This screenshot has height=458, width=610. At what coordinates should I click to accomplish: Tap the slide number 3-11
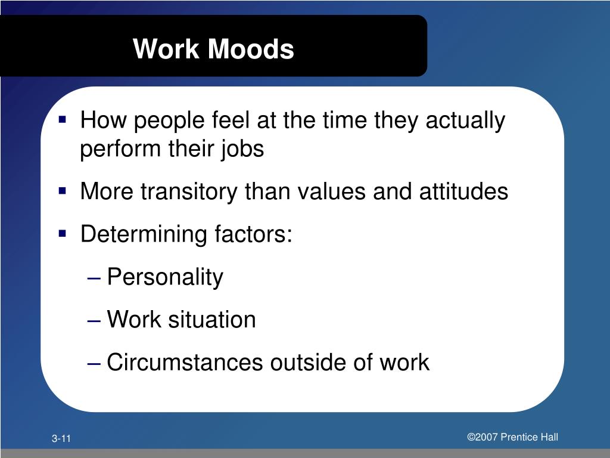61,440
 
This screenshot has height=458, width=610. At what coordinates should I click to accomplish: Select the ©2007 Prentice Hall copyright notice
512,437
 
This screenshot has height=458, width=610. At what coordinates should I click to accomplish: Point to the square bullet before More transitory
63,191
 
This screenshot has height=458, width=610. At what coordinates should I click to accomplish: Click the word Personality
165,277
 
